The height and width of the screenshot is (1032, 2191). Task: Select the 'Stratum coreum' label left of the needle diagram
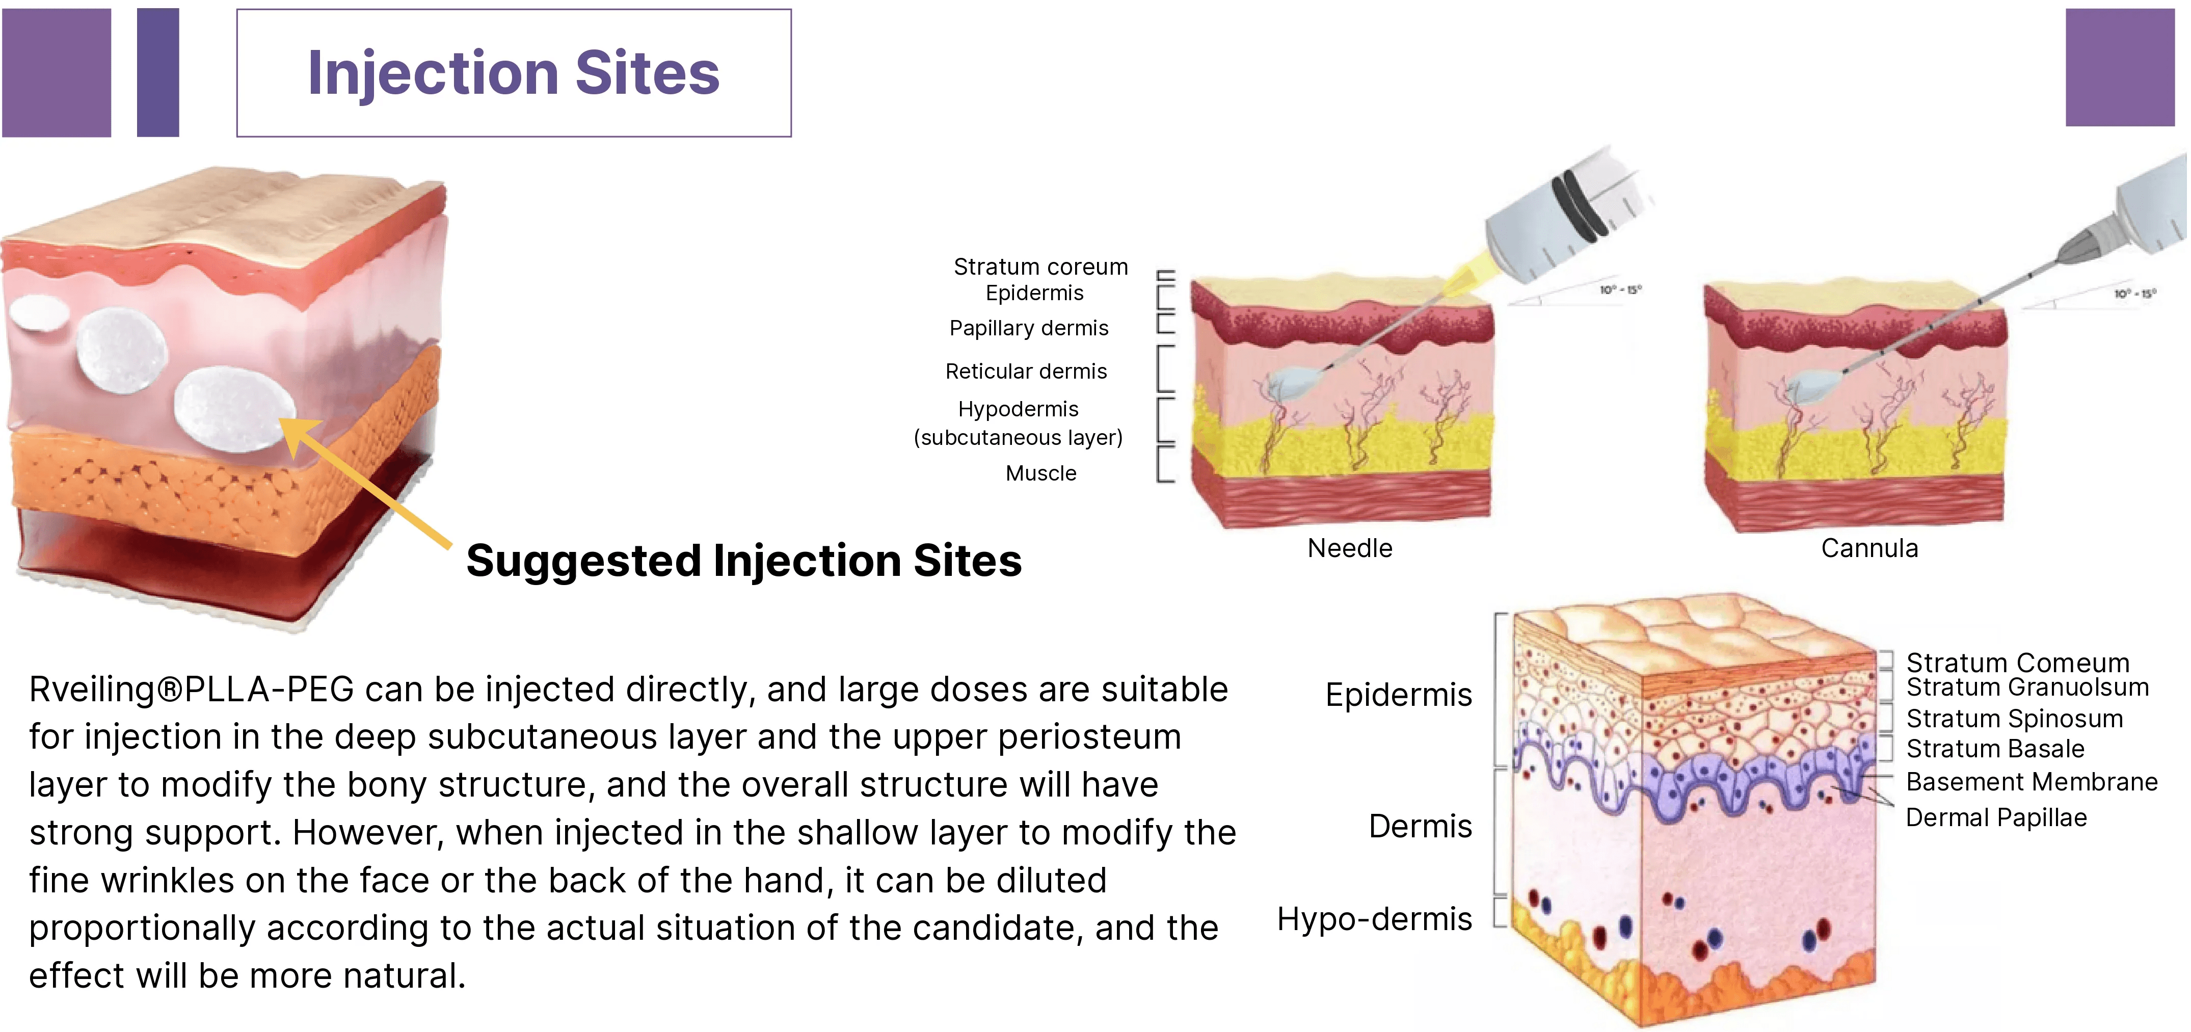1040,267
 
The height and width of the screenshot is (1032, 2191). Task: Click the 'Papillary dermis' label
1028,328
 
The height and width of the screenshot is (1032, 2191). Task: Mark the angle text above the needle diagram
1620,290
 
